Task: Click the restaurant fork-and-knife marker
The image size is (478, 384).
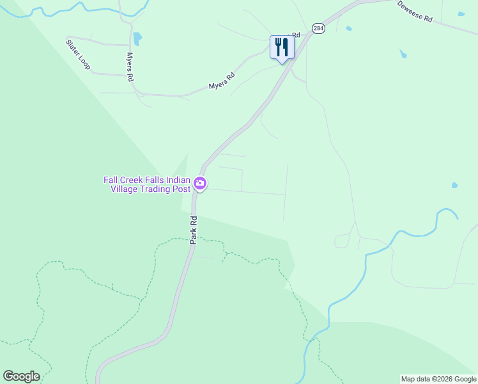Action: (x=282, y=47)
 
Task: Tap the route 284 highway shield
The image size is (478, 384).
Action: (x=318, y=28)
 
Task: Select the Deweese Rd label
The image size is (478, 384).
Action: (x=415, y=12)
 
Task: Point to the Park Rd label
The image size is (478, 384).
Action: (x=194, y=229)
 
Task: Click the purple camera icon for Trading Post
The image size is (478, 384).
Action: (x=200, y=184)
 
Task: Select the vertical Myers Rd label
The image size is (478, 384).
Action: (x=130, y=67)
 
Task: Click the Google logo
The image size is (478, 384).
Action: (x=21, y=376)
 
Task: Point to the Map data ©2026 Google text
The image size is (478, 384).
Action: (x=438, y=379)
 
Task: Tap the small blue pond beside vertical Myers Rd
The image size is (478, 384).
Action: (x=137, y=39)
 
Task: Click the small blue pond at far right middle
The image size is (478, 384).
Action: (x=454, y=186)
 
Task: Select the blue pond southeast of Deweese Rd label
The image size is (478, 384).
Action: (x=403, y=54)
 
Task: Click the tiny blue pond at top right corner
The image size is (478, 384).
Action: (x=461, y=13)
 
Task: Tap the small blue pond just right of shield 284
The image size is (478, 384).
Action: (x=348, y=29)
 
